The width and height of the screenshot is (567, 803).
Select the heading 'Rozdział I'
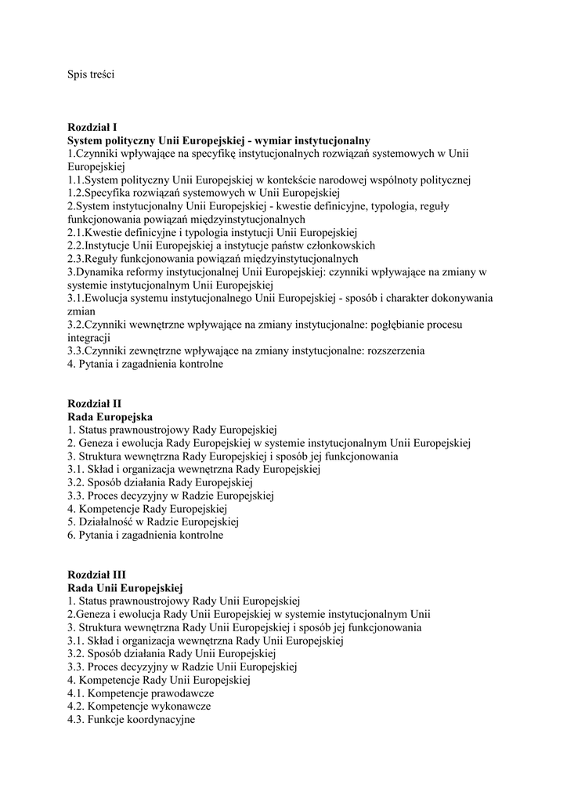[92, 127]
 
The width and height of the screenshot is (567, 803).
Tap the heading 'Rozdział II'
[94, 403]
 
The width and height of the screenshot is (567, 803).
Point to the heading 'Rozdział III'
[96, 575]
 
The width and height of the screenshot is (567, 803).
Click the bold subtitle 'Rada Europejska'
[110, 416]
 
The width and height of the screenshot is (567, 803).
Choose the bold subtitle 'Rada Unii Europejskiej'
[125, 588]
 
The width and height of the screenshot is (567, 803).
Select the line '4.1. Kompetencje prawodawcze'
[141, 693]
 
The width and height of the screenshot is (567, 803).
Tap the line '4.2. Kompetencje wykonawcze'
[139, 707]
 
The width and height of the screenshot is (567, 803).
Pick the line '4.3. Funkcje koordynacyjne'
[132, 720]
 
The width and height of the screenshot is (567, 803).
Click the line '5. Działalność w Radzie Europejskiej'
[153, 521]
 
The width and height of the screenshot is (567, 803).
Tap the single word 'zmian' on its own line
[81, 311]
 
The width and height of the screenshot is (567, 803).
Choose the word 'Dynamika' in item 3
[102, 272]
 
